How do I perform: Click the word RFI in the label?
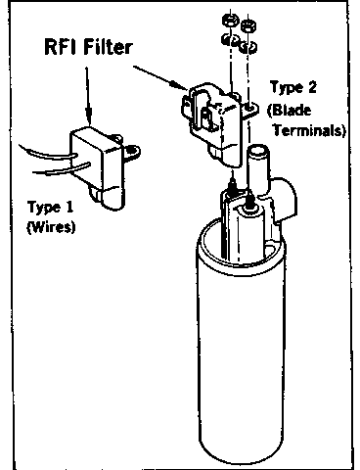(61, 47)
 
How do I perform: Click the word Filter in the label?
(108, 47)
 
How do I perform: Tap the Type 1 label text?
(51, 208)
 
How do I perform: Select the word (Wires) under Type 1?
(51, 226)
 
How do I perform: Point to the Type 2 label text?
(293, 87)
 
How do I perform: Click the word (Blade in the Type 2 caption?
(289, 110)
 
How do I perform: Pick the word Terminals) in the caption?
(309, 130)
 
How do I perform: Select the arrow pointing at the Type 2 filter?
(160, 77)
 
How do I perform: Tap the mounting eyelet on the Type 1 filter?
(132, 151)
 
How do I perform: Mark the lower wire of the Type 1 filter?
(62, 168)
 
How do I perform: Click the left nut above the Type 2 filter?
(230, 21)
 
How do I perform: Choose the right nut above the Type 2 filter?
(248, 26)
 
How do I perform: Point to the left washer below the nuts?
(231, 40)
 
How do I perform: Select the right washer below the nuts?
(248, 47)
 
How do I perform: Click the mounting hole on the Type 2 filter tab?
(249, 107)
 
